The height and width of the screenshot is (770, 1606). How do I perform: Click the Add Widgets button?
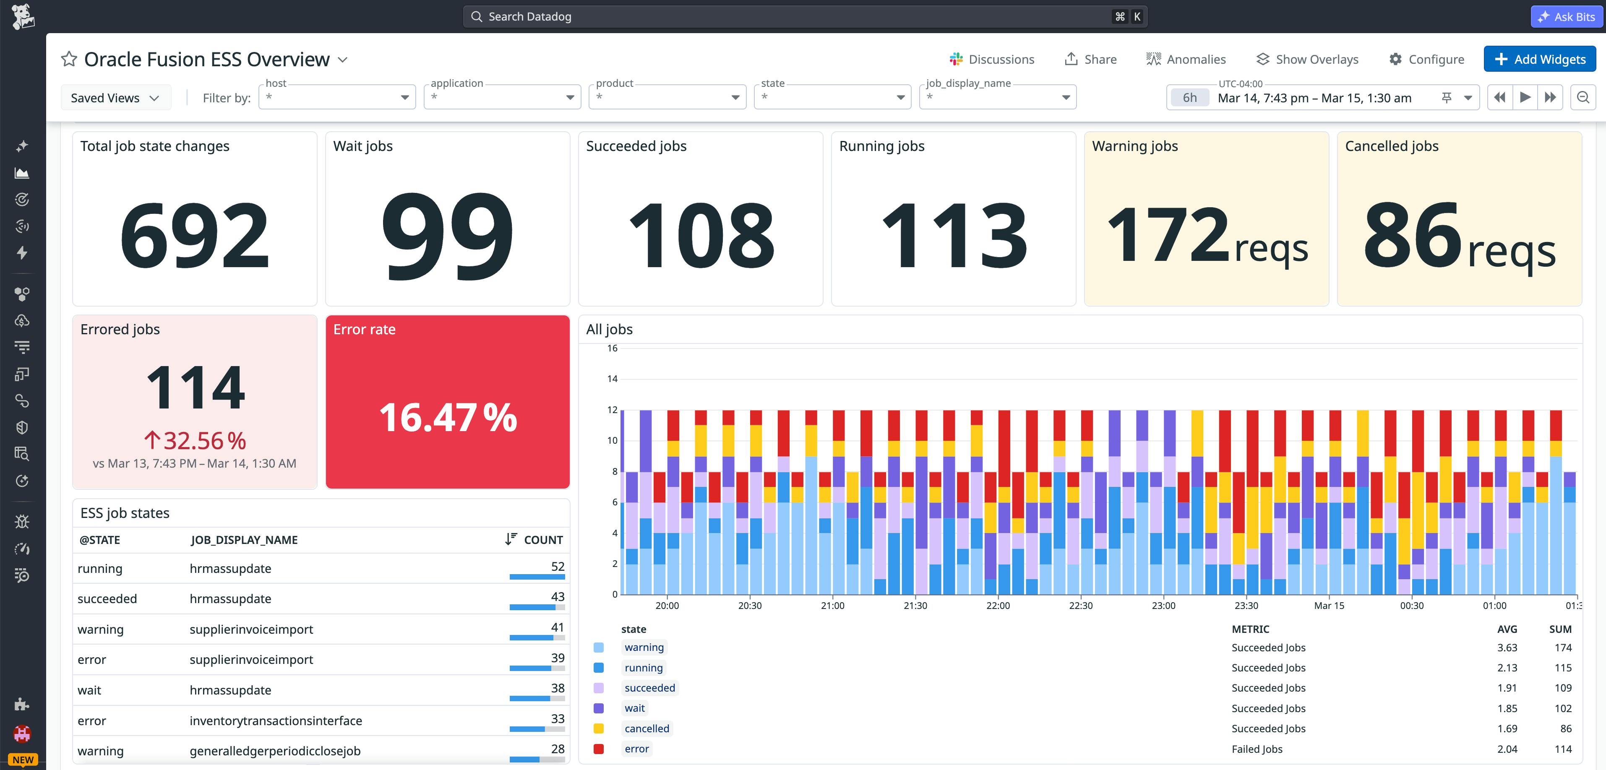(1539, 59)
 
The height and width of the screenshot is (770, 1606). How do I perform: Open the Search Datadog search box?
(804, 17)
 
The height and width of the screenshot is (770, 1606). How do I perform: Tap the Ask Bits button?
(1567, 17)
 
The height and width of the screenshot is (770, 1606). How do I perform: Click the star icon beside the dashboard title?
(68, 59)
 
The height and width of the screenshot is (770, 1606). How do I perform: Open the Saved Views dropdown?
(115, 98)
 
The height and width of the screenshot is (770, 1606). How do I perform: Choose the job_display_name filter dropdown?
(998, 97)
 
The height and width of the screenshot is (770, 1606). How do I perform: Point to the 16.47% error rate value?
(448, 417)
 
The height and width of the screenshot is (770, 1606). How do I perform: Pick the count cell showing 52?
(558, 566)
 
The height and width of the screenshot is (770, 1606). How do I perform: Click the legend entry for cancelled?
(647, 728)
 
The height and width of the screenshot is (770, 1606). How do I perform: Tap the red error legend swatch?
(599, 749)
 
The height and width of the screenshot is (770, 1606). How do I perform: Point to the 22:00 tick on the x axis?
(998, 606)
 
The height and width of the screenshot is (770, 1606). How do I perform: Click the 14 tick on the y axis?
(612, 379)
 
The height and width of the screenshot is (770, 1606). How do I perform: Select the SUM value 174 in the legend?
(1562, 647)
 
